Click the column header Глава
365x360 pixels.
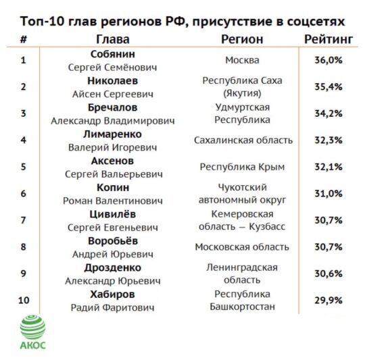pyautogui.click(x=113, y=39)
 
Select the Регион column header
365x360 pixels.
pyautogui.click(x=242, y=39)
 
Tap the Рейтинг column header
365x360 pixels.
pyautogui.click(x=328, y=39)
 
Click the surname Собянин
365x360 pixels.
pyautogui.click(x=113, y=54)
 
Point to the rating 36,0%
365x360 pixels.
pyautogui.click(x=328, y=60)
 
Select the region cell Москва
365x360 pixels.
pyautogui.click(x=242, y=60)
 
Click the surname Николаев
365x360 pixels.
pyautogui.click(x=113, y=81)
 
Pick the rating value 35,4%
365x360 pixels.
pyautogui.click(x=328, y=87)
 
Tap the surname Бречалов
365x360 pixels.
pyautogui.click(x=113, y=107)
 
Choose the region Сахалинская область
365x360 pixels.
pyautogui.click(x=243, y=140)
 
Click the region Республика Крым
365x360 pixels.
pyautogui.click(x=242, y=167)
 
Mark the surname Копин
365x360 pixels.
pyautogui.click(x=113, y=188)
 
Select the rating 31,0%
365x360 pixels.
pyautogui.click(x=328, y=193)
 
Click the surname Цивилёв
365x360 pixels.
pyautogui.click(x=113, y=214)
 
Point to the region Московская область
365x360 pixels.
pyautogui.click(x=242, y=247)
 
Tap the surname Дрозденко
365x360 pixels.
pyautogui.click(x=113, y=268)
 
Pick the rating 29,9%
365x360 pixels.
pyautogui.click(x=328, y=301)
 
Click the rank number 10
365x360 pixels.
pyautogui.click(x=24, y=301)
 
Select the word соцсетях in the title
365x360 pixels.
pyautogui.click(x=316, y=22)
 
